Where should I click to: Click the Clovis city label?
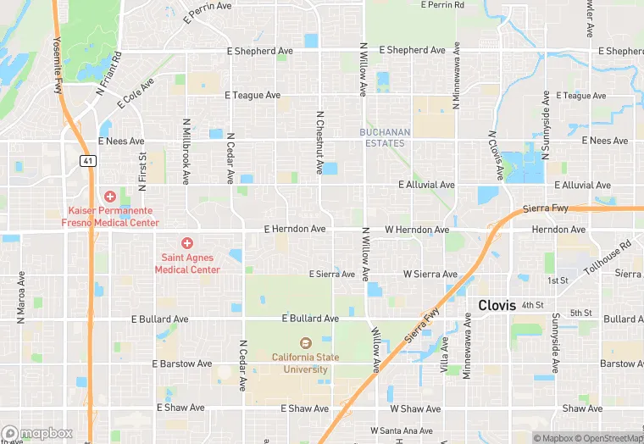497,305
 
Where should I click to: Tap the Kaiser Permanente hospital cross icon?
110,196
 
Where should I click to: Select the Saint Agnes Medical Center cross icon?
187,243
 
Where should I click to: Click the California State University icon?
305,343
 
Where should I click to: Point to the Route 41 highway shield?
87,160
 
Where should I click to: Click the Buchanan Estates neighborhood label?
385,137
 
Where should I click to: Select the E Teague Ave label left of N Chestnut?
253,96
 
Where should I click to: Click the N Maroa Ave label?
21,297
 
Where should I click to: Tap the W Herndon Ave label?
417,230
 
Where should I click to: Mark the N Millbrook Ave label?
185,151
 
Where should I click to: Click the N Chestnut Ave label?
320,142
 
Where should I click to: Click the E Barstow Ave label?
181,364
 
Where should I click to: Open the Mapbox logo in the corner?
36,433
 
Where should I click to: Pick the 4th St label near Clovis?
533,304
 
